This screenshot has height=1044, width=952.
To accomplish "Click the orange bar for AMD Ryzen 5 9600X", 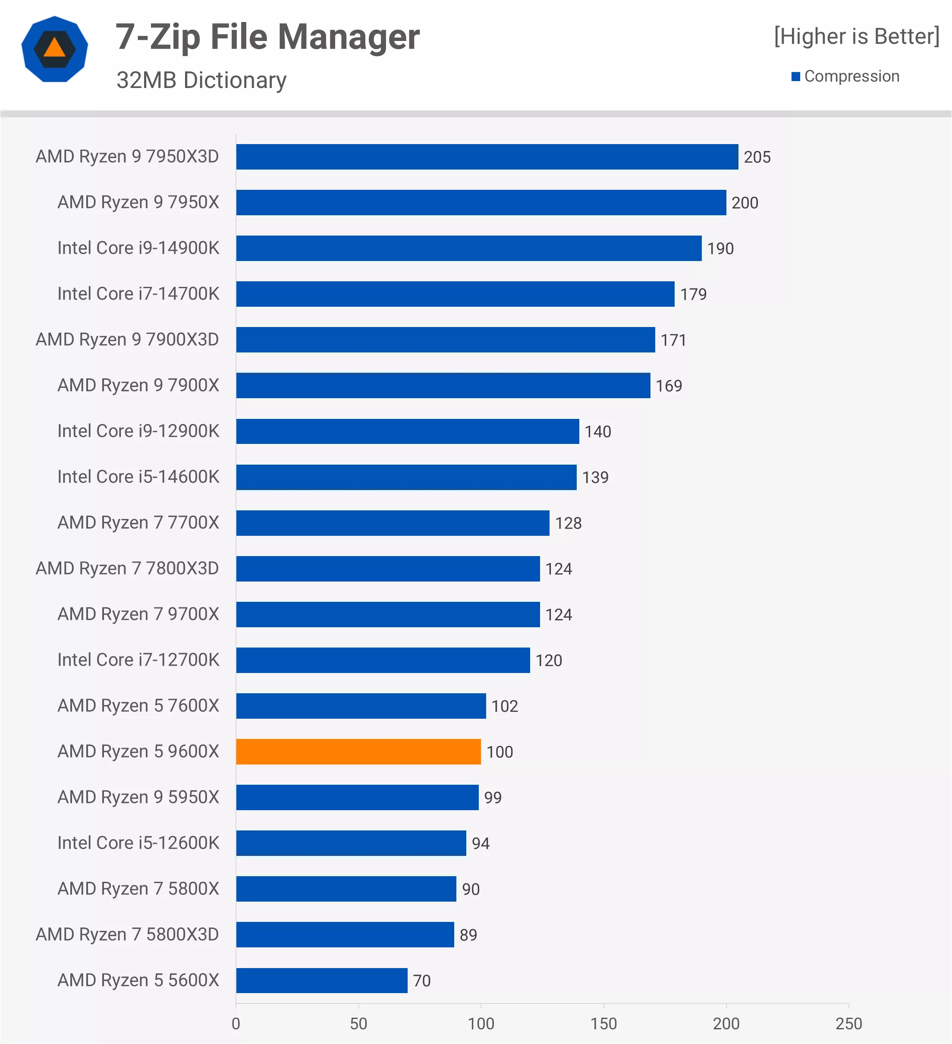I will pos(358,752).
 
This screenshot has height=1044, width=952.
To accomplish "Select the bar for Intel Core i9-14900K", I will pos(468,248).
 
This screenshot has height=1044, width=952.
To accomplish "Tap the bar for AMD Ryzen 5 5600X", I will pos(321,980).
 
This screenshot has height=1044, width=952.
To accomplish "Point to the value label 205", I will pos(757,157).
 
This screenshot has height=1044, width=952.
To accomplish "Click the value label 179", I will pos(693,294).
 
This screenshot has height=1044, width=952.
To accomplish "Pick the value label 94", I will pos(481,843).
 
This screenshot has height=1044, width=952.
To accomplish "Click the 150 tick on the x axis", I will pos(603,1023).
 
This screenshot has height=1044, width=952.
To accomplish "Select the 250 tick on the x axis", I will pos(848,1023).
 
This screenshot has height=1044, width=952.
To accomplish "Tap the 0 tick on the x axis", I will pos(236,1023).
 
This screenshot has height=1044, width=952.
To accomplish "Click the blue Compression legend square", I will pos(796,77).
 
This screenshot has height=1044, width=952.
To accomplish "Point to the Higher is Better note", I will pos(856,36).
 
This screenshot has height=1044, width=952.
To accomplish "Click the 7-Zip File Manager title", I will pos(267,37).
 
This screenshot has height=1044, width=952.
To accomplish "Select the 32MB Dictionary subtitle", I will pos(201,80).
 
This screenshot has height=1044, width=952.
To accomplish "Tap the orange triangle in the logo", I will pos(54,48).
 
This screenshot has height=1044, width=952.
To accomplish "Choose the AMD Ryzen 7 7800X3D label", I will pos(127,568).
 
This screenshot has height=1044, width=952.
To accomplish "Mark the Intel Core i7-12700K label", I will pos(138,660).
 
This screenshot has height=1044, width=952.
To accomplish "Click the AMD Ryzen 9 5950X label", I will pos(138,797).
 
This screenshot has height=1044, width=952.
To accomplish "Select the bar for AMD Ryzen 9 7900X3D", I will pos(445,340).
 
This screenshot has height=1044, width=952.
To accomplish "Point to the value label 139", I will pos(595,477).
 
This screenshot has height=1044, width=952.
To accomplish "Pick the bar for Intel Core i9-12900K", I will pos(407,431).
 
